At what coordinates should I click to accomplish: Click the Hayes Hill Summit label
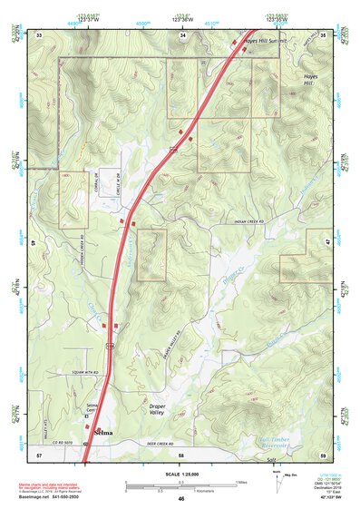pos(263,41)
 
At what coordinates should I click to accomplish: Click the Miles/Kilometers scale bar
pos(180,483)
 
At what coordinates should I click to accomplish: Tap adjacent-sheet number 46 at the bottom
pos(181,499)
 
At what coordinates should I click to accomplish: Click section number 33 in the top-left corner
pos(39,34)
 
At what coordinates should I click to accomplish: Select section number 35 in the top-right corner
pos(324,34)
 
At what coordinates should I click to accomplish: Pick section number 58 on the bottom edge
pos(181,454)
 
